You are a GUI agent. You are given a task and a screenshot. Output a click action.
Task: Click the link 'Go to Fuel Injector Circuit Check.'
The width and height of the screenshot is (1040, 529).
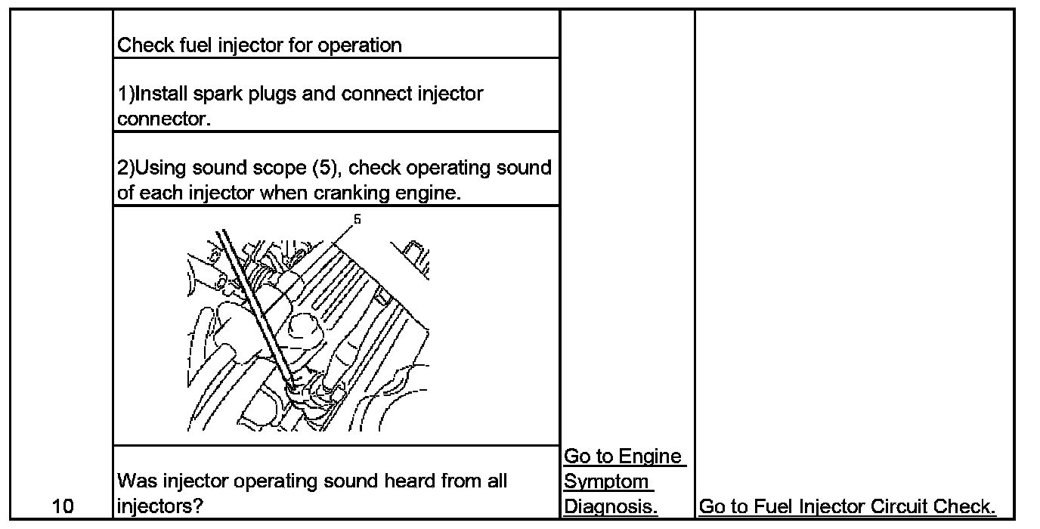pyautogui.click(x=847, y=507)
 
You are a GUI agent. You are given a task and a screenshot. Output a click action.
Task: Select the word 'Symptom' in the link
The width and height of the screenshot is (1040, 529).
pyautogui.click(x=607, y=481)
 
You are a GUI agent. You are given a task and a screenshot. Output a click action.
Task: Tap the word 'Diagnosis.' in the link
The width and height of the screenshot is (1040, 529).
pyautogui.click(x=611, y=507)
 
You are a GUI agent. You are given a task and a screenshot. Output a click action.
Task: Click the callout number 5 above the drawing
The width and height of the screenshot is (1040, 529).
pyautogui.click(x=357, y=220)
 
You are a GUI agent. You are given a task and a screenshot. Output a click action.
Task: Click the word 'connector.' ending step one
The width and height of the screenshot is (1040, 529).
pyautogui.click(x=162, y=119)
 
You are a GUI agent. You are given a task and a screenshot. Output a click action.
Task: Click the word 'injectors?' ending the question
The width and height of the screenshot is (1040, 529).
pyautogui.click(x=159, y=506)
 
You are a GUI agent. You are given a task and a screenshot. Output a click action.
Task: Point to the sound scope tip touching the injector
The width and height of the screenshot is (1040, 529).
pyautogui.click(x=291, y=387)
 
